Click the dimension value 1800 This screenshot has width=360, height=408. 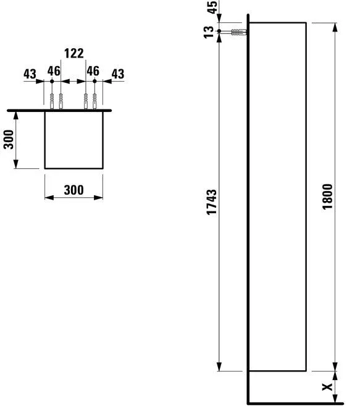(x=327, y=197)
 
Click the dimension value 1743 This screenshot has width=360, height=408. (x=212, y=202)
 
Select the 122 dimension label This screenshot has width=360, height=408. (x=73, y=54)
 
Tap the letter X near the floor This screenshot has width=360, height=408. (x=327, y=388)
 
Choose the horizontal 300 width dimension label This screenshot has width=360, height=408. (x=73, y=190)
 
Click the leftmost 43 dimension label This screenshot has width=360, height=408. (x=30, y=74)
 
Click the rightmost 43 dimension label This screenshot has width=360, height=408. (x=117, y=74)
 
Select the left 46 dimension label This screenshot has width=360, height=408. (x=55, y=71)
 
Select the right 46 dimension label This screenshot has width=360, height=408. (x=93, y=71)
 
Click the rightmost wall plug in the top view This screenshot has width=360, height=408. (x=95, y=101)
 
